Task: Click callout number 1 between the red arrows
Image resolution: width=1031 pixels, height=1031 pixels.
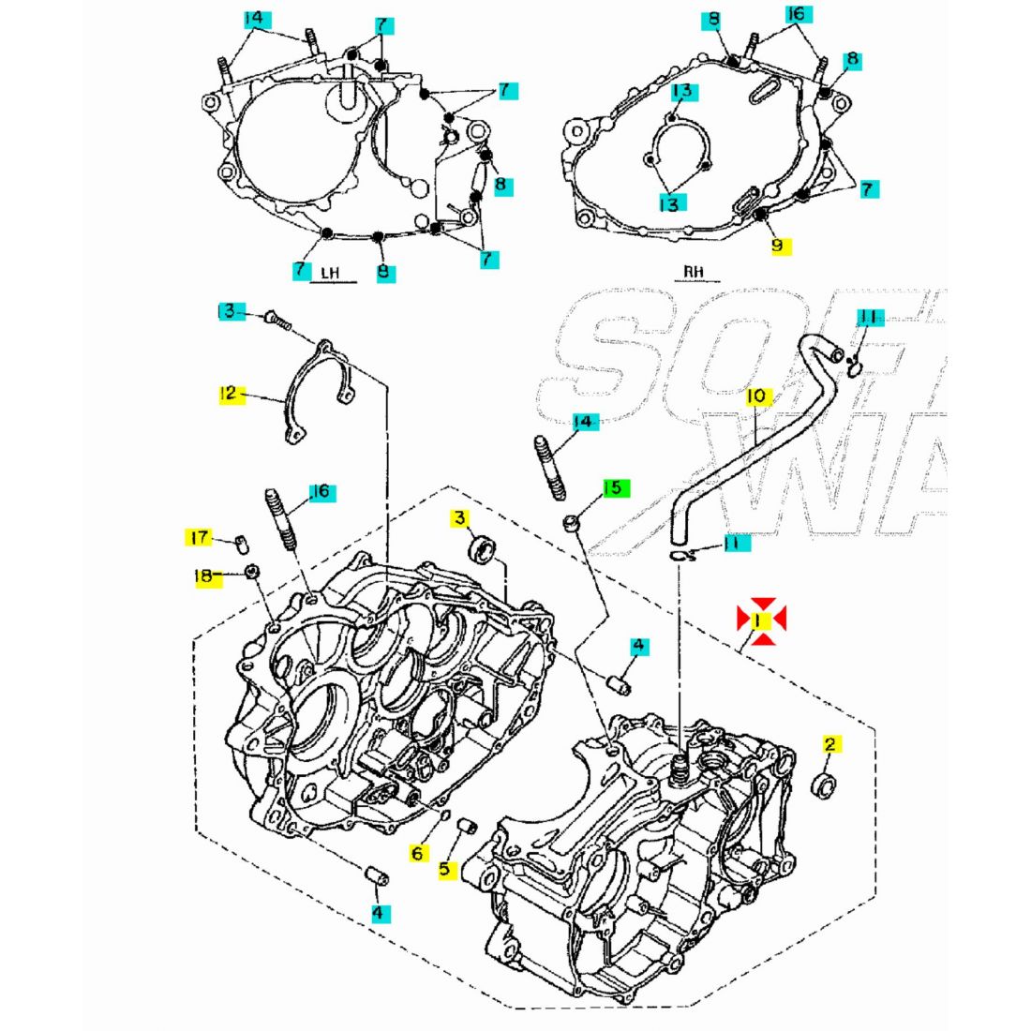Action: click(x=760, y=620)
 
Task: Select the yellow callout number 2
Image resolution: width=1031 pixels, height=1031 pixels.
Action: click(x=829, y=745)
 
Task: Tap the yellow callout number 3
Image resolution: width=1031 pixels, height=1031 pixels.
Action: click(x=460, y=518)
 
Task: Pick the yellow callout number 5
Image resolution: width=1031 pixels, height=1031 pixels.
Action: click(x=444, y=870)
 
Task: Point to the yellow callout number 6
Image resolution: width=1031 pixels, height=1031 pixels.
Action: click(x=417, y=853)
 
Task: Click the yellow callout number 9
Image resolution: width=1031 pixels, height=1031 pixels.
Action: click(x=777, y=247)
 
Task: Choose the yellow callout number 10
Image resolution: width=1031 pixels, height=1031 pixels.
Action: click(x=757, y=397)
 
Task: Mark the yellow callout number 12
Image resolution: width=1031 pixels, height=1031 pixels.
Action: click(x=228, y=394)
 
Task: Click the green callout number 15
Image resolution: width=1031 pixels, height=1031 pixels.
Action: click(x=613, y=488)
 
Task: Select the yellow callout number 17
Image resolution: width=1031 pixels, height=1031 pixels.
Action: click(x=198, y=537)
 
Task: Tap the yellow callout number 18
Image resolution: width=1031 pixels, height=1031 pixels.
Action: click(x=206, y=576)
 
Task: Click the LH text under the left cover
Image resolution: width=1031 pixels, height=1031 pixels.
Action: click(x=329, y=274)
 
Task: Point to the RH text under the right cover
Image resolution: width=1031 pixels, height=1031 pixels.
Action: click(x=694, y=272)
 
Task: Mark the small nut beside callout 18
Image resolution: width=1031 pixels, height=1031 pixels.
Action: click(x=252, y=573)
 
